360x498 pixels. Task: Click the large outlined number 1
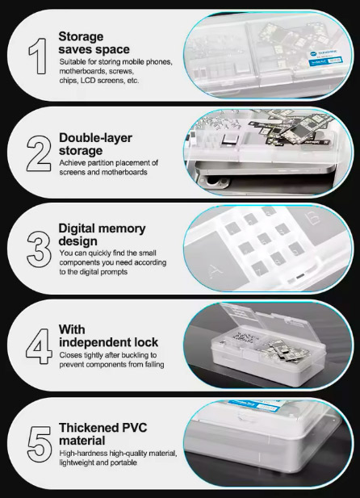(x=39, y=56)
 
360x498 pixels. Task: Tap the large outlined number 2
(x=39, y=153)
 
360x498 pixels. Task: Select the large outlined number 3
(x=39, y=249)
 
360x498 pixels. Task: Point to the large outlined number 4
(x=39, y=346)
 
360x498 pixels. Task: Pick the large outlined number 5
(x=40, y=444)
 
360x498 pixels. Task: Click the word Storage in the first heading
(x=81, y=37)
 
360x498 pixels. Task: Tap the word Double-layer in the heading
(x=95, y=138)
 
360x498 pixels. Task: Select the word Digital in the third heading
(x=77, y=228)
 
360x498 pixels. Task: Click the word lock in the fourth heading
(x=146, y=342)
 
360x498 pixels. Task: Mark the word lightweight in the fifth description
(x=73, y=462)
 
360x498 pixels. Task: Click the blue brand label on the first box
(x=325, y=57)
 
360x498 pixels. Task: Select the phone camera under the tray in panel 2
(x=212, y=182)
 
